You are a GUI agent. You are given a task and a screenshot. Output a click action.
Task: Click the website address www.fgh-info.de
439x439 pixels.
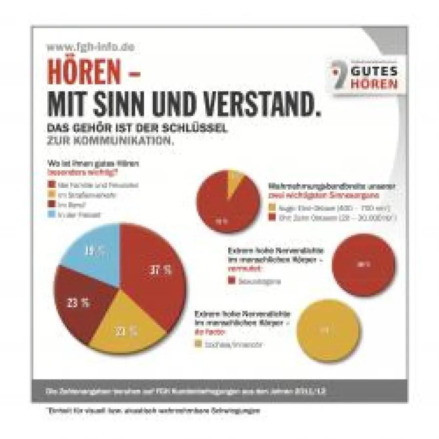90,47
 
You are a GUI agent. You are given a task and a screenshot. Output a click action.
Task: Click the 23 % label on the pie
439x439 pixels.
78,302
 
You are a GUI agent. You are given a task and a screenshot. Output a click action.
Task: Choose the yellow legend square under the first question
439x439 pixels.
50,195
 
